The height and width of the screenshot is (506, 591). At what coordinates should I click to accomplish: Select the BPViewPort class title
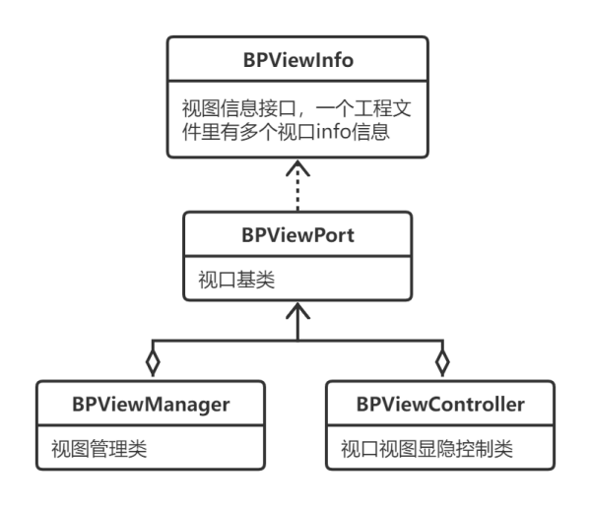pos(297,236)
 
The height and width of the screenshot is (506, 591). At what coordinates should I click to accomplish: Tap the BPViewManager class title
pos(151,404)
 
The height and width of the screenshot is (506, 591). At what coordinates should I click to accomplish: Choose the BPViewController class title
pos(440,404)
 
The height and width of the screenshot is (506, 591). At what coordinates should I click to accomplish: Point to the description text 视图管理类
pos(98,450)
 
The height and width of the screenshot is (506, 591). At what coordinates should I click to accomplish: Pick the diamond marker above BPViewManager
pos(152,361)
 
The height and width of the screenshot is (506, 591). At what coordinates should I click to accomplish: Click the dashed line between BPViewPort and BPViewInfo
pos(297,195)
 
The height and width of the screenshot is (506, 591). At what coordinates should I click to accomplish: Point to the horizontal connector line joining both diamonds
pos(227,341)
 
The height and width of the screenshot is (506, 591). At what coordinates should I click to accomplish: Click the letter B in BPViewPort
pos(247,236)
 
